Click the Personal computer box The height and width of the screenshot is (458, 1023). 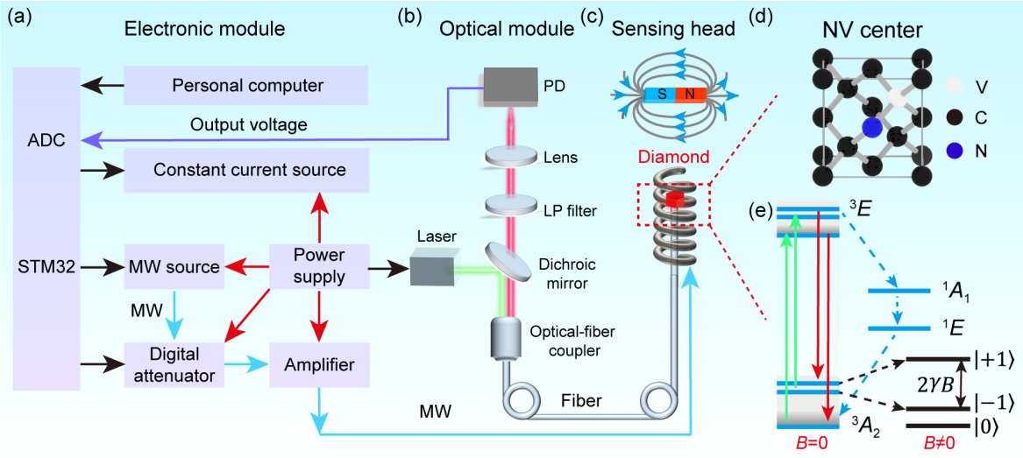[x=248, y=86]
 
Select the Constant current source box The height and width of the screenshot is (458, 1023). [x=248, y=168]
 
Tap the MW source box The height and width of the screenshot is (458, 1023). [x=172, y=266]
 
